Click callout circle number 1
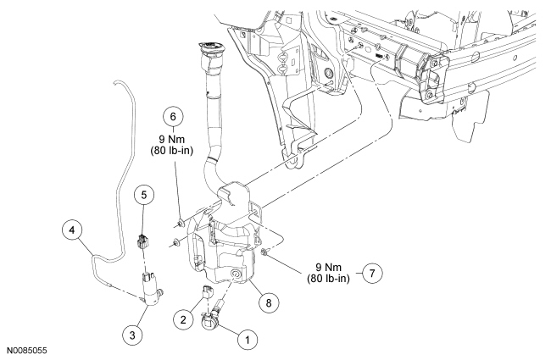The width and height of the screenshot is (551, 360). (248, 340)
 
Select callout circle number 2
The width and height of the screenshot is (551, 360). (183, 319)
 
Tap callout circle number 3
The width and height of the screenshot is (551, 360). (132, 335)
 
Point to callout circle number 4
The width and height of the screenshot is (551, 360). (72, 230)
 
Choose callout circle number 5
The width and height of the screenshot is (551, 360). (144, 195)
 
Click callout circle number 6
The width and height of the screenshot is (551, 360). (173, 116)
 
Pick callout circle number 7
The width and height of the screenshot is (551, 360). (372, 273)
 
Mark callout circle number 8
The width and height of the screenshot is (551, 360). (269, 302)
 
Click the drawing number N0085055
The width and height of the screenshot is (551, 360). (27, 351)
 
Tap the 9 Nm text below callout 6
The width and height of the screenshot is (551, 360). (171, 139)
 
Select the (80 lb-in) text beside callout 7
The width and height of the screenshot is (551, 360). (328, 279)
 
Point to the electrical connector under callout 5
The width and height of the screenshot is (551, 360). (142, 241)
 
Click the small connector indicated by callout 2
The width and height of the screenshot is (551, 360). (207, 291)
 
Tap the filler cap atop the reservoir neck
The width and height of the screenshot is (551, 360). (211, 48)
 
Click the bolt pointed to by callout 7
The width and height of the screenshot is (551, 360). (265, 252)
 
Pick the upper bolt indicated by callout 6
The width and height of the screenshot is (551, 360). (181, 223)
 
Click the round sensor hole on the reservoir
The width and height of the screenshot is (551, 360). (235, 274)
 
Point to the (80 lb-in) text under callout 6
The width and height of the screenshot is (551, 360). (172, 151)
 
